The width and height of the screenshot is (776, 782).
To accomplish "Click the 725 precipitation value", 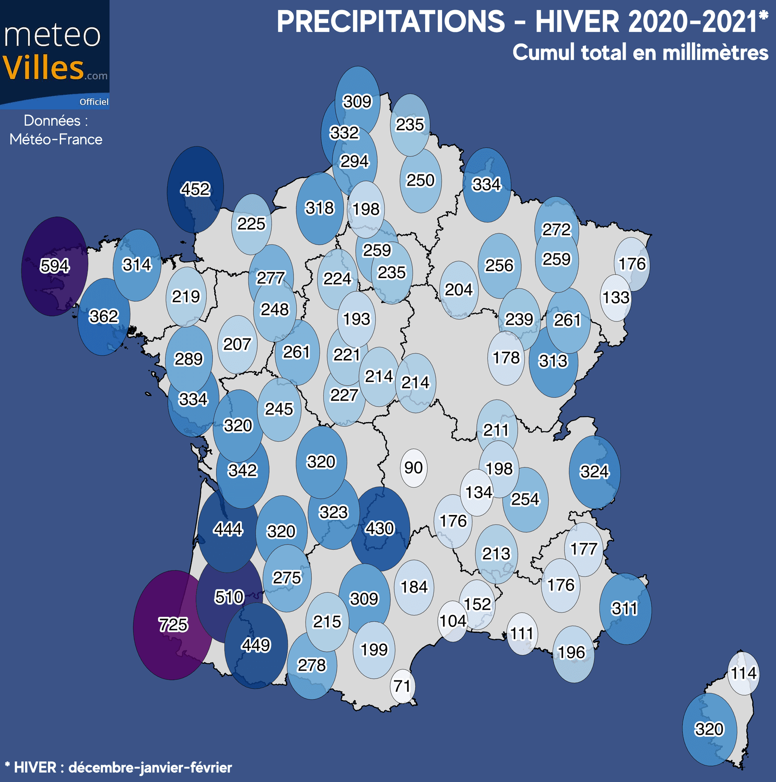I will [x=173, y=624].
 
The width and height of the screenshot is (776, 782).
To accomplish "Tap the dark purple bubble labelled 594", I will [x=55, y=266].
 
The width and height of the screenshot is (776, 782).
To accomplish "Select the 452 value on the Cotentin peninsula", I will [x=195, y=189].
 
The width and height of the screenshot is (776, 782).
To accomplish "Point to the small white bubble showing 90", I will [x=413, y=468].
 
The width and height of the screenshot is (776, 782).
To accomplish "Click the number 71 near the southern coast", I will [x=402, y=686].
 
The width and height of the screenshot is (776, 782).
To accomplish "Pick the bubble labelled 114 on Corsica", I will [x=743, y=673].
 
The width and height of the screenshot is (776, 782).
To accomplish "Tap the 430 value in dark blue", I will [x=380, y=528].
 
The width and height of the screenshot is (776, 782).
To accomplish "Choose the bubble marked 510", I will [x=229, y=597].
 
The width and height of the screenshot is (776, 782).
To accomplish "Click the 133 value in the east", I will [x=616, y=298].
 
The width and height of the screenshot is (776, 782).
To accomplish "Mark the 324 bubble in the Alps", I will [x=594, y=471].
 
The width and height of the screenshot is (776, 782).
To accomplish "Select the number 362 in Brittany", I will [x=104, y=316].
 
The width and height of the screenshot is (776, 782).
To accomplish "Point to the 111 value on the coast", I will [x=522, y=633].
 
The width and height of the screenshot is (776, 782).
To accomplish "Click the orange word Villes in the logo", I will [x=43, y=67].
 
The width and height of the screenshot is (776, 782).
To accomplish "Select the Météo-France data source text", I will [x=56, y=139].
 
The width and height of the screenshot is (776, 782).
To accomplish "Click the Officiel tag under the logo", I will [x=94, y=102].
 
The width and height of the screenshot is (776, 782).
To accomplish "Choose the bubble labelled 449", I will [x=255, y=645].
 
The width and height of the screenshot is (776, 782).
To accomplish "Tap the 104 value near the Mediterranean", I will [x=453, y=621].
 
